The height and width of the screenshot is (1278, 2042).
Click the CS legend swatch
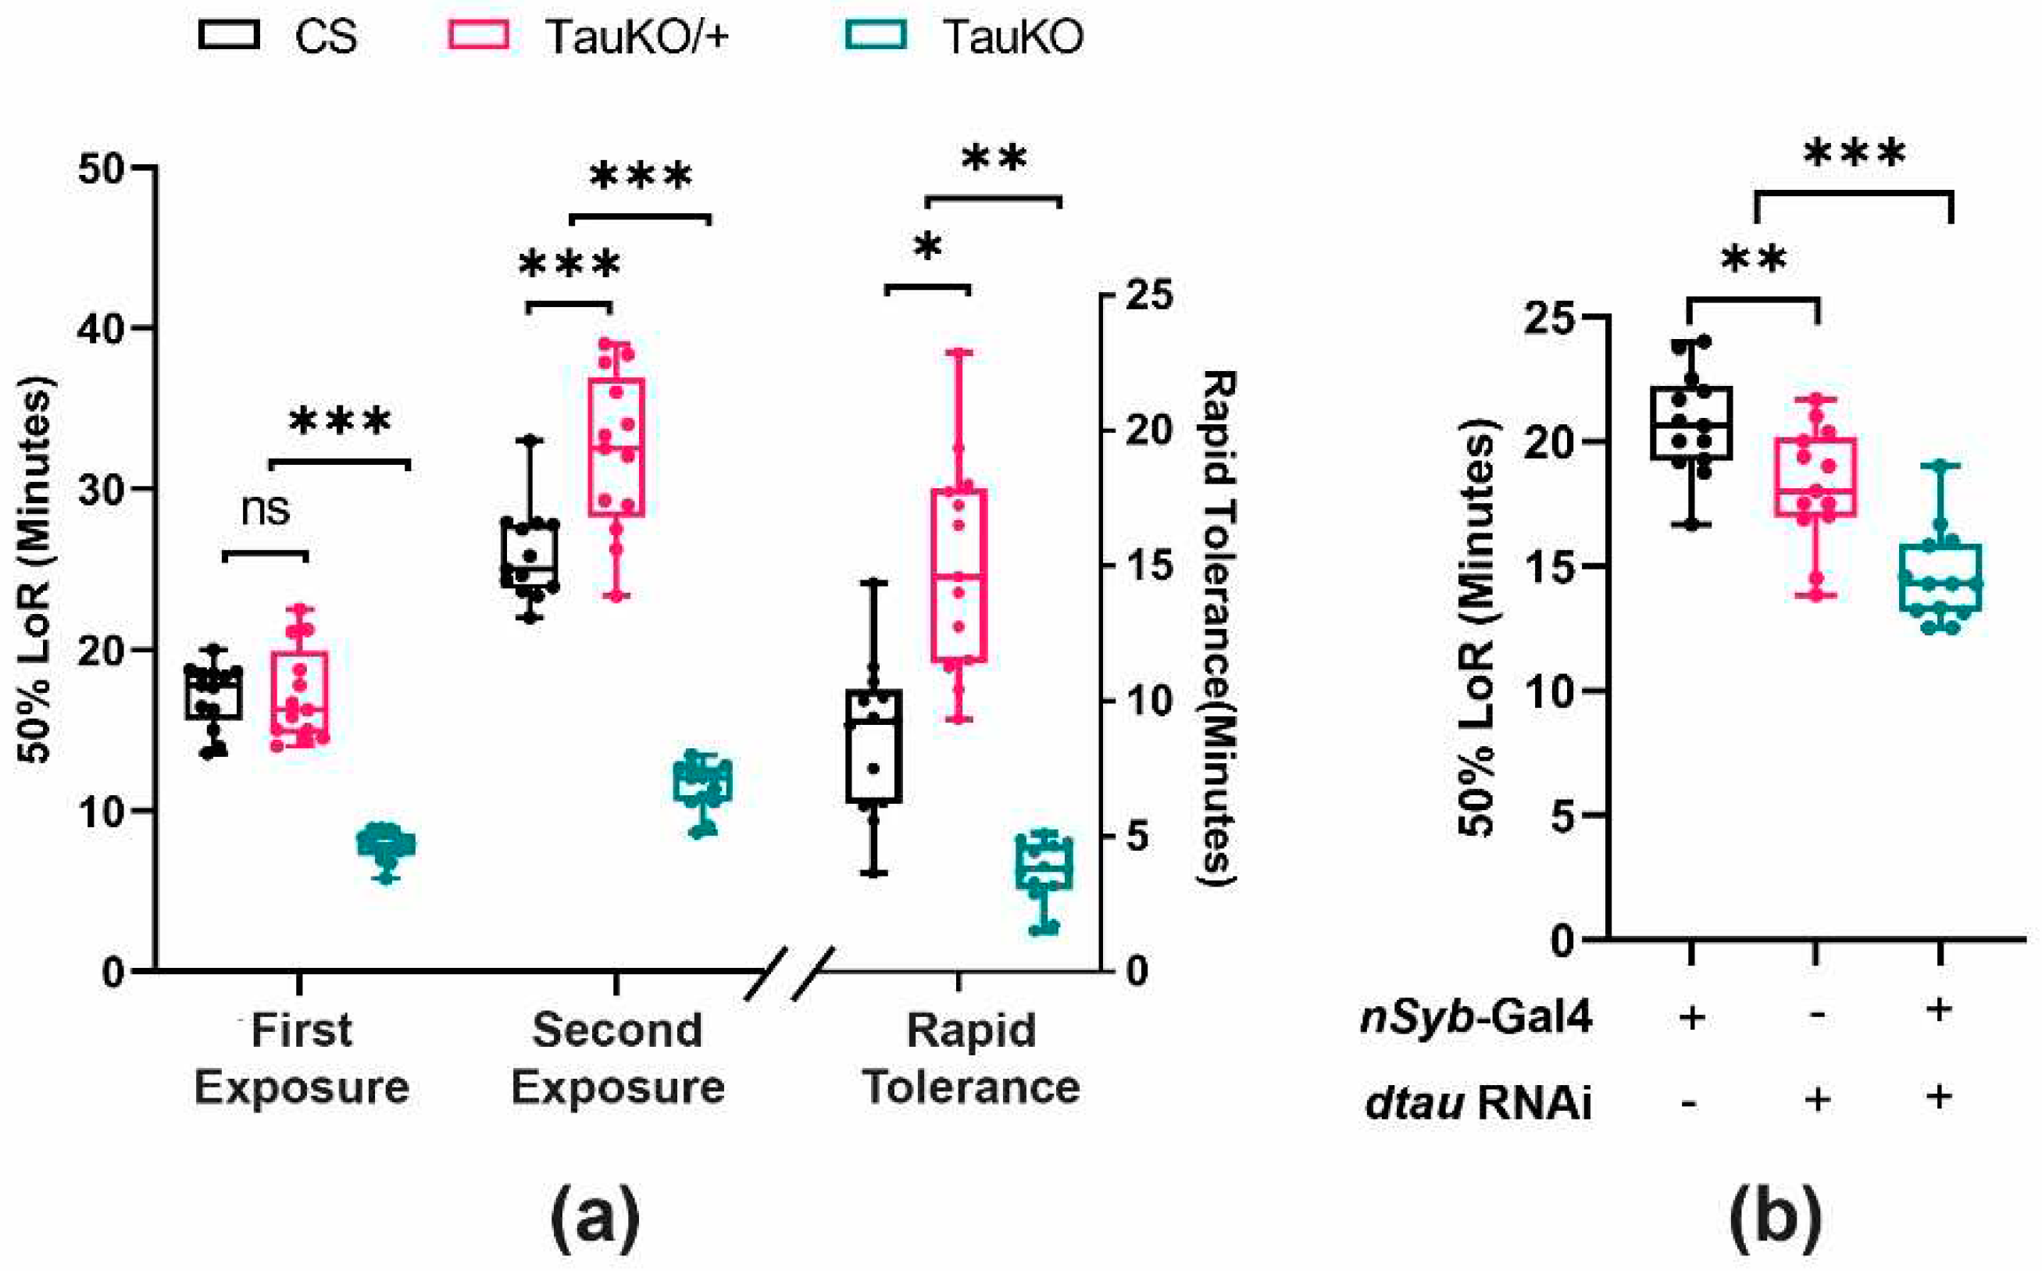tap(228, 35)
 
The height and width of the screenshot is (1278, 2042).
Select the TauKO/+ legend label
tap(637, 37)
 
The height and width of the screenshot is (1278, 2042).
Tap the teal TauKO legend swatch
tap(876, 35)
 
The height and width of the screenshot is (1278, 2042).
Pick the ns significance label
tap(266, 509)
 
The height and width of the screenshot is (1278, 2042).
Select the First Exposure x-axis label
tap(302, 1058)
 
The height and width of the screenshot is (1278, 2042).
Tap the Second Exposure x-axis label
tap(617, 1058)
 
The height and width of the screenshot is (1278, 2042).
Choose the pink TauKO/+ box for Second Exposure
tap(616, 447)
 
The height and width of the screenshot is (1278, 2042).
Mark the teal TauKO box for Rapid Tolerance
tap(1043, 863)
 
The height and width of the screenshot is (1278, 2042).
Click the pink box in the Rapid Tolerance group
tap(959, 575)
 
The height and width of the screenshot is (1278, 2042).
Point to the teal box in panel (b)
tap(1940, 577)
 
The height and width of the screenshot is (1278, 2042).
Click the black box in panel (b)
tap(1690, 423)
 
